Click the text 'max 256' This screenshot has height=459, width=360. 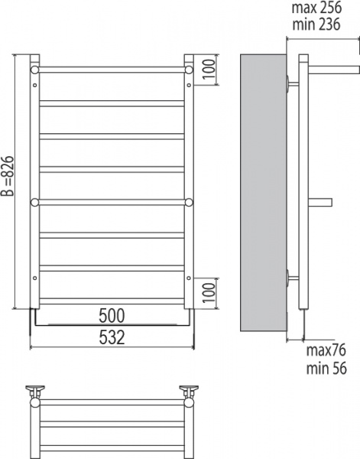pyautogui.click(x=316, y=8)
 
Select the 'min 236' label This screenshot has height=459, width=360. pyautogui.click(x=315, y=24)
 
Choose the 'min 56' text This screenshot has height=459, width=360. pyautogui.click(x=326, y=367)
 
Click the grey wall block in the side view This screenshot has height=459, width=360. pyautogui.click(x=262, y=191)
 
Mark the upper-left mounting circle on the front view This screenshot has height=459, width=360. pyautogui.click(x=34, y=70)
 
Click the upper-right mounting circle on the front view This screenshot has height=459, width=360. pyautogui.click(x=189, y=70)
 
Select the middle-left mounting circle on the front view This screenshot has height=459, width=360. pyautogui.click(x=34, y=203)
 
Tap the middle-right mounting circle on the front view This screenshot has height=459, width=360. pyautogui.click(x=189, y=203)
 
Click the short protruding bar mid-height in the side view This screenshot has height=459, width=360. pyautogui.click(x=320, y=203)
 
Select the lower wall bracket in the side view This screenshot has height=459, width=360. pyautogui.click(x=291, y=277)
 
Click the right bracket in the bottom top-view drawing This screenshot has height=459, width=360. pyautogui.click(x=189, y=394)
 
